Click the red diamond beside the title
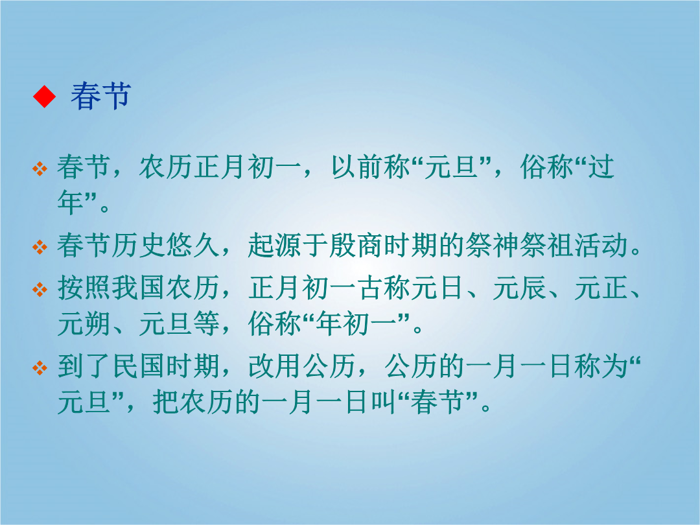(44, 96)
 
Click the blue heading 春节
(100, 96)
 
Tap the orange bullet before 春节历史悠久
(40, 246)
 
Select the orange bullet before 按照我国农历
(40, 289)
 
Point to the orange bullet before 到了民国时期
(40, 368)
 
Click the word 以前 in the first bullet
(358, 167)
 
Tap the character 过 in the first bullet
(601, 167)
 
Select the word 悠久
(193, 246)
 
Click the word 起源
(275, 246)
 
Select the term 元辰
(520, 288)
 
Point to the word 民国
(139, 367)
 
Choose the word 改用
(275, 367)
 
